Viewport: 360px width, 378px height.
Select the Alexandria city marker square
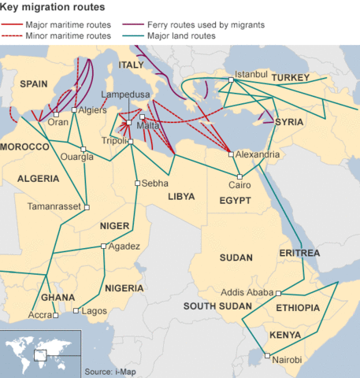pyautogui.click(x=231, y=154)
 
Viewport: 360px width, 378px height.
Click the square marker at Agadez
pyautogui.click(x=103, y=246)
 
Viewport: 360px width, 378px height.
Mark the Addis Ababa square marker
pyautogui.click(x=277, y=293)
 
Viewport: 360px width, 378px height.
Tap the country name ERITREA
pyautogui.click(x=299, y=253)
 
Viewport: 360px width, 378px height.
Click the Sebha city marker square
pyautogui.click(x=136, y=183)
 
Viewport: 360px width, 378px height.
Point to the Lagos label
pyautogui.click(x=94, y=311)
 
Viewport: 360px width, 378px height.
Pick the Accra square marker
pyautogui.click(x=56, y=316)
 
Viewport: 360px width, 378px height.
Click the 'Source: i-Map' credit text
pyautogui.click(x=109, y=370)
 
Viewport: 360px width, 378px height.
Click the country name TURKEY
pyautogui.click(x=293, y=79)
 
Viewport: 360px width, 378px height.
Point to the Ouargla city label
pyautogui.click(x=77, y=157)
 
